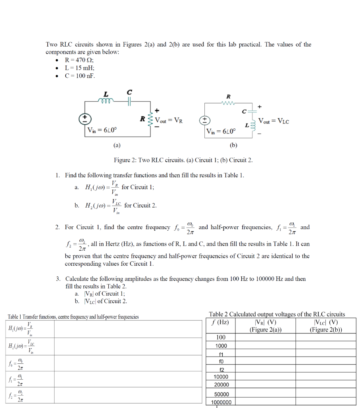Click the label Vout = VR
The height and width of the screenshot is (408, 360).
(169, 120)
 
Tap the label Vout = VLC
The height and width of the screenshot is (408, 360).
(274, 121)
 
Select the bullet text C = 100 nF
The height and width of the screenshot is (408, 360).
(80, 76)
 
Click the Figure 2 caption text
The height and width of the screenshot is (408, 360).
(183, 160)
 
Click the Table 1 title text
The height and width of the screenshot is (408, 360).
(73, 317)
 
